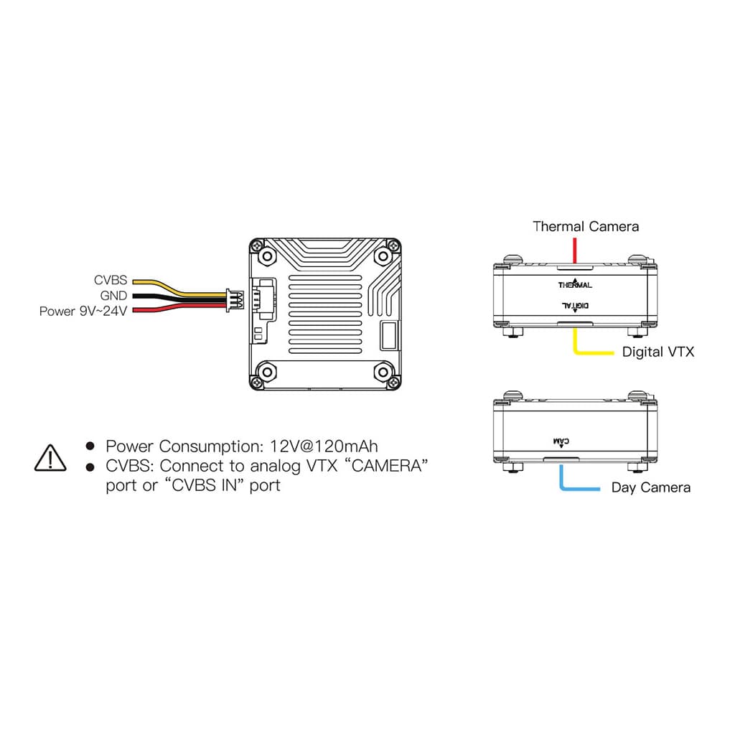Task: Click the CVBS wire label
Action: click(110, 281)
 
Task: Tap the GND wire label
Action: click(113, 296)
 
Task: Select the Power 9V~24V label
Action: click(83, 312)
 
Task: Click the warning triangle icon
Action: click(50, 457)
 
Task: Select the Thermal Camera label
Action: click(585, 227)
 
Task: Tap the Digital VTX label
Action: click(657, 352)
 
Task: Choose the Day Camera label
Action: click(650, 488)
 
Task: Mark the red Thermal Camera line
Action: click(574, 251)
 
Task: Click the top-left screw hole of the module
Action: click(267, 255)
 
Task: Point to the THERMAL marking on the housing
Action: click(575, 285)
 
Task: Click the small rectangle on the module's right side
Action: click(388, 334)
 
